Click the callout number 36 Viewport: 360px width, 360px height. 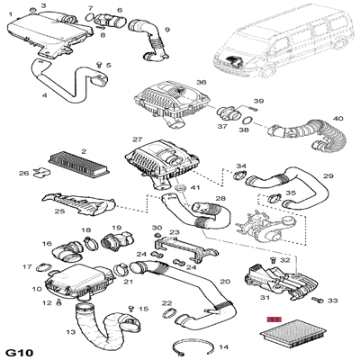(201, 83)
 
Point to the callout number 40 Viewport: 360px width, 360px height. (337, 118)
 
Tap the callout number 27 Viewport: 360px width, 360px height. (137, 140)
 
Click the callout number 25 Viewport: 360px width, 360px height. (34, 211)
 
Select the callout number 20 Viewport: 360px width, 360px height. (225, 282)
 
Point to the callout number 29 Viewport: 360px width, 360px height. (328, 176)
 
